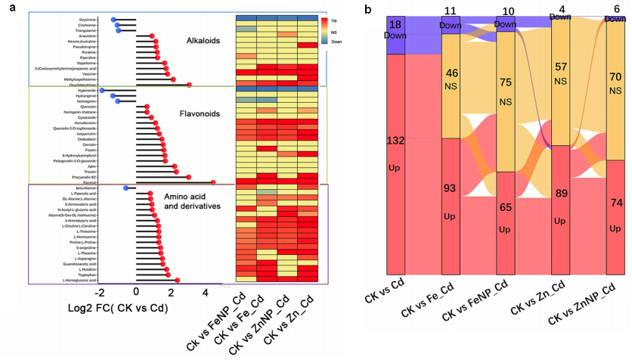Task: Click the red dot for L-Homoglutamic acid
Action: (178, 280)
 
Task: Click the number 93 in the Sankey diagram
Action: (452, 188)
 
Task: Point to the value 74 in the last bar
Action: (616, 203)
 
